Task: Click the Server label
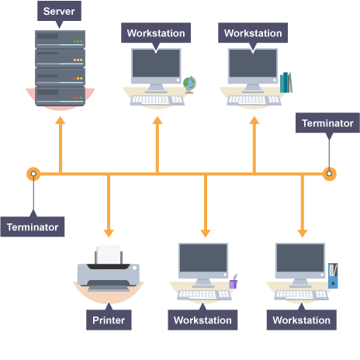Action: (x=59, y=11)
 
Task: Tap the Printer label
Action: (x=109, y=320)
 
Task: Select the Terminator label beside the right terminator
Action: (x=327, y=123)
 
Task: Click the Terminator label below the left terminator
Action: (x=33, y=227)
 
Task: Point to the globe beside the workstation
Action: (x=189, y=85)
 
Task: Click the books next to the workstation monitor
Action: (x=286, y=82)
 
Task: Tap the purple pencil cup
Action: (x=234, y=282)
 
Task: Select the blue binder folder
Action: (x=333, y=275)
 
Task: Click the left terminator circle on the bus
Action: (x=33, y=174)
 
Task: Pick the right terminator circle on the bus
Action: (x=329, y=174)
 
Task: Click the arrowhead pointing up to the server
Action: (x=61, y=120)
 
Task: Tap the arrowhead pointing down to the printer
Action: (x=109, y=233)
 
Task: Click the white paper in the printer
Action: (x=109, y=254)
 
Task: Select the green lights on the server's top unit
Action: (x=78, y=41)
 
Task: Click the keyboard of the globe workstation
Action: (x=157, y=100)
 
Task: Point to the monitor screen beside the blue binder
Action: (x=300, y=258)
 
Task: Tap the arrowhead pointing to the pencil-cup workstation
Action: (x=206, y=233)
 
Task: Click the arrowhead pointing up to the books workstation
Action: (x=254, y=120)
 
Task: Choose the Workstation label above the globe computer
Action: (x=156, y=33)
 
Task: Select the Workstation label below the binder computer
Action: (x=302, y=320)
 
